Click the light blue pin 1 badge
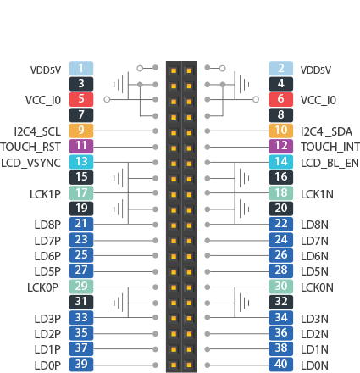[x=81, y=69]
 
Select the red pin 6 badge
[x=281, y=99]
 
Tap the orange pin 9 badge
[x=81, y=131]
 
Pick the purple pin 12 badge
[x=281, y=146]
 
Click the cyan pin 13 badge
[x=81, y=162]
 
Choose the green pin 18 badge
[x=281, y=193]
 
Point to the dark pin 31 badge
[x=81, y=302]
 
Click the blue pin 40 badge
[x=281, y=365]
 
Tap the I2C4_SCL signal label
[x=37, y=132]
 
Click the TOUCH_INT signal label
[x=330, y=147]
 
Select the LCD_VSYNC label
[x=30, y=163]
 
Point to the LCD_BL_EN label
[x=330, y=163]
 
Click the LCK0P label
[x=42, y=287]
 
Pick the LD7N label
[x=314, y=241]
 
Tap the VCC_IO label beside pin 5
[x=43, y=101]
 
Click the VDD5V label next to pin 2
[x=316, y=70]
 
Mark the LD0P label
[x=47, y=365]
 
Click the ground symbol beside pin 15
[x=119, y=178]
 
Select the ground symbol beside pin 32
[x=244, y=303]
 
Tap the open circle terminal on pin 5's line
[x=107, y=99]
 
